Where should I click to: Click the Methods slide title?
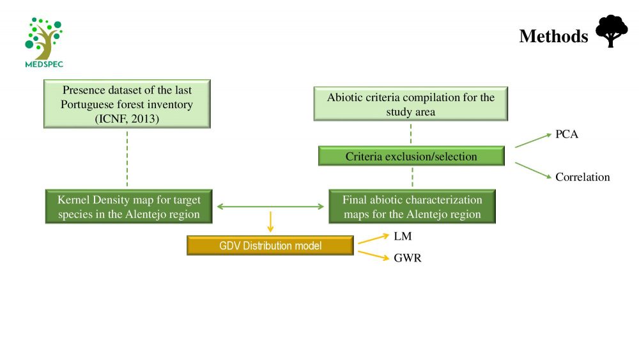click(553, 36)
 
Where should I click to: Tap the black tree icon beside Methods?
click(612, 31)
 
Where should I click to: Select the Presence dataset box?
click(127, 104)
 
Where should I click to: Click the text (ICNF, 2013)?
click(127, 119)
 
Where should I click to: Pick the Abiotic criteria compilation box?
click(411, 104)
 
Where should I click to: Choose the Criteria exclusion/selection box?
click(411, 156)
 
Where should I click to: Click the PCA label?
click(566, 134)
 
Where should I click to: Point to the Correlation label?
click(582, 177)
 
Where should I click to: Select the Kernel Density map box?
click(129, 207)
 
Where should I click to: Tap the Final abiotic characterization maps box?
click(412, 207)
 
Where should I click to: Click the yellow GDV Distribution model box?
click(270, 246)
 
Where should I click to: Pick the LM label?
click(403, 236)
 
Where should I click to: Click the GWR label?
click(408, 258)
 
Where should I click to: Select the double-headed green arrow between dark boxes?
click(270, 207)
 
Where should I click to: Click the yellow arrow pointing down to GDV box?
click(270, 222)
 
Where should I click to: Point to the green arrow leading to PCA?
click(534, 140)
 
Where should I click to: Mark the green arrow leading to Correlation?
click(534, 170)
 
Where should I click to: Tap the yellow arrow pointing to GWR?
click(374, 256)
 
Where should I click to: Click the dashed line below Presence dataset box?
click(127, 159)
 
